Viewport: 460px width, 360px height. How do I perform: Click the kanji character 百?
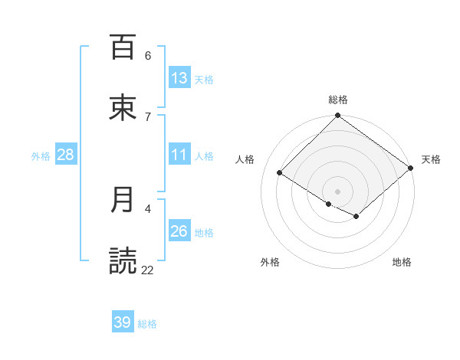click(123, 47)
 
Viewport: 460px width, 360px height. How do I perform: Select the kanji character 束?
click(123, 108)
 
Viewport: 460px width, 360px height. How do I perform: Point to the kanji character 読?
click(123, 260)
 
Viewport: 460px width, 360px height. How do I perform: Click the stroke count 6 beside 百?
click(148, 55)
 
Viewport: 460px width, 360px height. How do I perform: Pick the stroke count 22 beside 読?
click(148, 270)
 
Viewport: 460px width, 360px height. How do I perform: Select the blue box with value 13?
click(179, 78)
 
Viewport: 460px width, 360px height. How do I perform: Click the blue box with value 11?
click(179, 155)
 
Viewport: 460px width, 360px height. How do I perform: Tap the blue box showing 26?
click(179, 231)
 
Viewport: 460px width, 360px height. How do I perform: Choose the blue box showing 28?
click(66, 155)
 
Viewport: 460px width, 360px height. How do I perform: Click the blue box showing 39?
click(123, 322)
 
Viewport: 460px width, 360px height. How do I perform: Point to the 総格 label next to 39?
click(147, 324)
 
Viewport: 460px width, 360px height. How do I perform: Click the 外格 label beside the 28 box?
click(41, 155)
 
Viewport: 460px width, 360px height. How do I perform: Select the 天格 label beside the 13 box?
click(203, 79)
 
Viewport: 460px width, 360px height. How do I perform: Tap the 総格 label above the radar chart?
click(338, 100)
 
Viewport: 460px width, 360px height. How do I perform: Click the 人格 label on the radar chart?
click(245, 159)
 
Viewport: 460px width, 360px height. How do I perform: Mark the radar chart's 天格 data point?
click(412, 168)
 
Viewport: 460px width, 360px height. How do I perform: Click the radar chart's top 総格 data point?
click(338, 116)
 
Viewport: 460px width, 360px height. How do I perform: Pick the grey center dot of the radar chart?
click(338, 191)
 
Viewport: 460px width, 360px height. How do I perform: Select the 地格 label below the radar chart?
click(402, 262)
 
